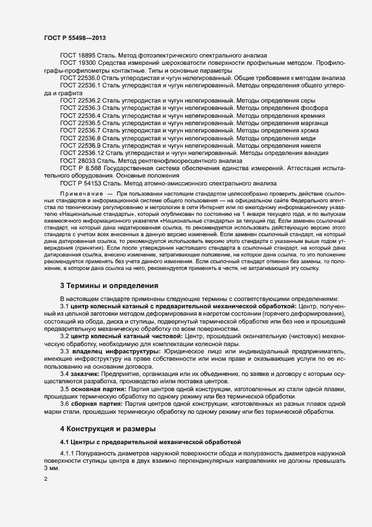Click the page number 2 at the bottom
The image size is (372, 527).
tap(46, 479)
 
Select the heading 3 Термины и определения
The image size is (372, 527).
tap(109, 286)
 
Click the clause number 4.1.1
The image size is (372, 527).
tap(67, 454)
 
